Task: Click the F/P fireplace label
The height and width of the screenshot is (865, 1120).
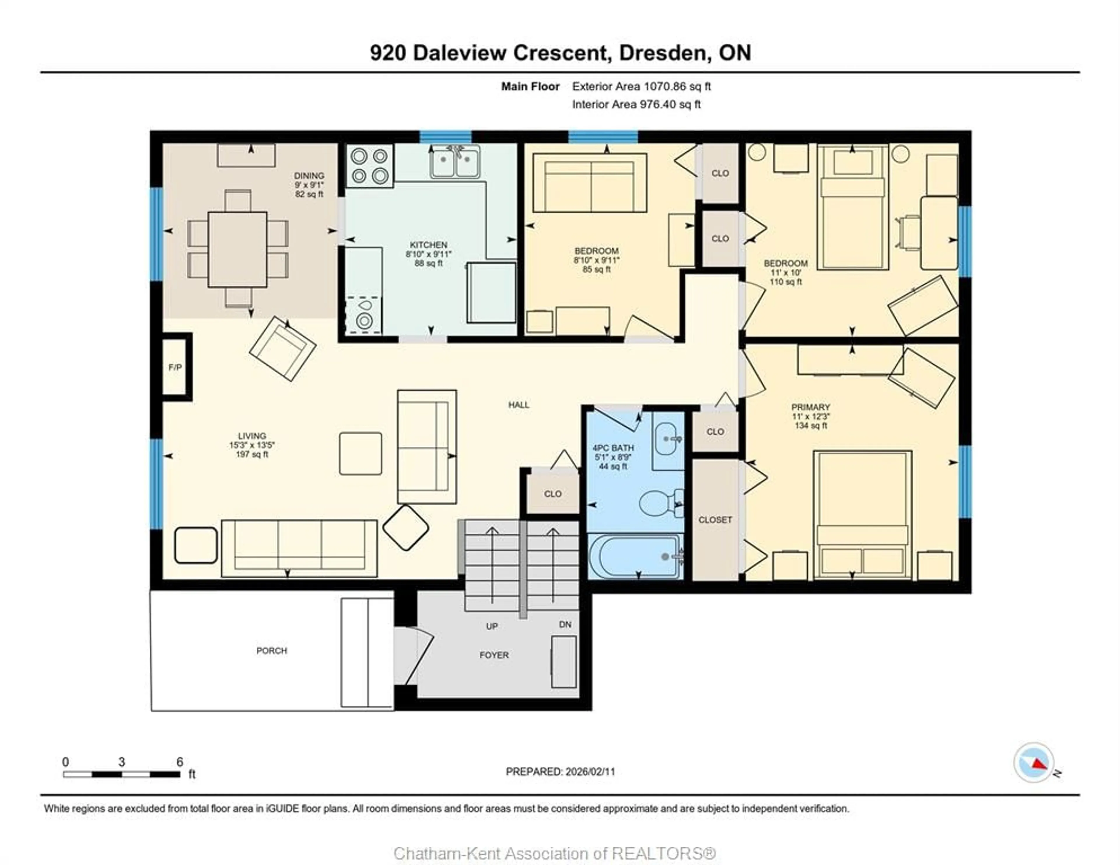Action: pyautogui.click(x=175, y=367)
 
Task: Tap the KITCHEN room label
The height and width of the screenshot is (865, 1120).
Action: pyautogui.click(x=428, y=245)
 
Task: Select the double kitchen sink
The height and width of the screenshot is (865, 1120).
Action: pyautogui.click(x=455, y=163)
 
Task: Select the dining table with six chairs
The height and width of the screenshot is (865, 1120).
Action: pyautogui.click(x=237, y=249)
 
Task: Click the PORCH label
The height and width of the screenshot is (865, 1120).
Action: pyautogui.click(x=272, y=651)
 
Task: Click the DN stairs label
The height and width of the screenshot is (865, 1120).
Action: pyautogui.click(x=565, y=624)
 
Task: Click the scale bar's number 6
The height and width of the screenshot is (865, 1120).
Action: pyautogui.click(x=179, y=762)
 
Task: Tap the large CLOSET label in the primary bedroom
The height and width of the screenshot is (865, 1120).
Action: pyautogui.click(x=715, y=520)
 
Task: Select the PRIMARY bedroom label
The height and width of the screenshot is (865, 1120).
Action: pyautogui.click(x=810, y=407)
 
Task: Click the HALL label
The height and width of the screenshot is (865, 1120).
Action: pyautogui.click(x=519, y=405)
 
